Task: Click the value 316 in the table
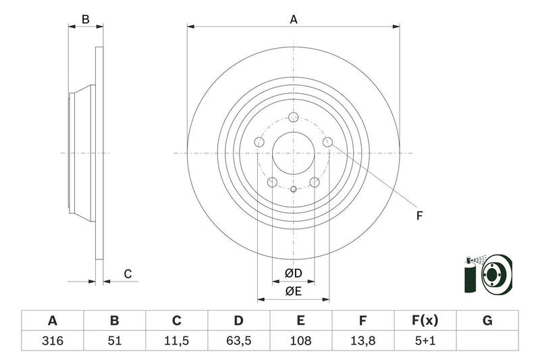click(x=52, y=341)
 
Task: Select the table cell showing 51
click(x=114, y=341)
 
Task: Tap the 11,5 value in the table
click(x=177, y=341)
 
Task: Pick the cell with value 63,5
click(x=239, y=341)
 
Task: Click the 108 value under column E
click(x=301, y=341)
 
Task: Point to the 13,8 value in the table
click(x=363, y=341)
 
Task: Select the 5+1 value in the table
click(x=426, y=341)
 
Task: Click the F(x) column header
click(x=426, y=321)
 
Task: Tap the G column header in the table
click(x=487, y=321)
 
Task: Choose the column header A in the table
click(x=52, y=321)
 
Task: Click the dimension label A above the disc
click(x=294, y=20)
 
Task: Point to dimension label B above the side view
click(x=86, y=20)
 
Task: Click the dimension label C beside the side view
click(x=127, y=274)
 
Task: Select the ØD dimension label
click(x=293, y=274)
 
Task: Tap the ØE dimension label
click(x=293, y=291)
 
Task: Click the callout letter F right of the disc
click(x=418, y=216)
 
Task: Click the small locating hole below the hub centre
click(x=294, y=189)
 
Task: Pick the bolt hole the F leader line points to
click(x=328, y=141)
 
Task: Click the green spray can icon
click(x=470, y=276)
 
